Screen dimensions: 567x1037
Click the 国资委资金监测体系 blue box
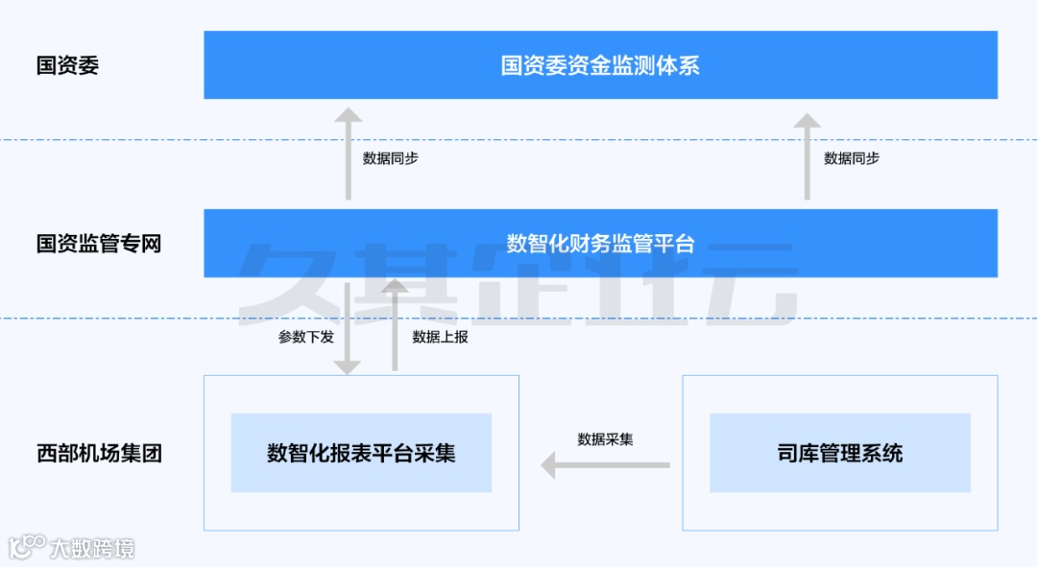tap(600, 65)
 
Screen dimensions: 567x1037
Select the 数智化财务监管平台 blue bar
tap(600, 244)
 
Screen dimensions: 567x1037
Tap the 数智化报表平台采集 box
tap(361, 453)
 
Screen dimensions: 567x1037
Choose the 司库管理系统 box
tap(840, 453)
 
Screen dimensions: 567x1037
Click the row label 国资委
tap(67, 65)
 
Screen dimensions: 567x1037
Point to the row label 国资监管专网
tap(99, 244)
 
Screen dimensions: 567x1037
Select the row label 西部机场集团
tap(99, 453)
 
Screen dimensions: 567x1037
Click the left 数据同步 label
tap(391, 158)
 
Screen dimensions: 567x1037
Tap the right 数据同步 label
tap(852, 158)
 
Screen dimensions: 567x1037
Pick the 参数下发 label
tap(306, 337)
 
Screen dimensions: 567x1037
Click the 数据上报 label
tap(441, 337)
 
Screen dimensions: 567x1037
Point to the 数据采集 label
tap(605, 439)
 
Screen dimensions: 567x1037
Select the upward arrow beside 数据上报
tap(395, 326)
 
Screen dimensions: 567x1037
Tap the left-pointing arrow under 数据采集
tap(605, 466)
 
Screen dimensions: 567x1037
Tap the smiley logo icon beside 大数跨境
tap(26, 547)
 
